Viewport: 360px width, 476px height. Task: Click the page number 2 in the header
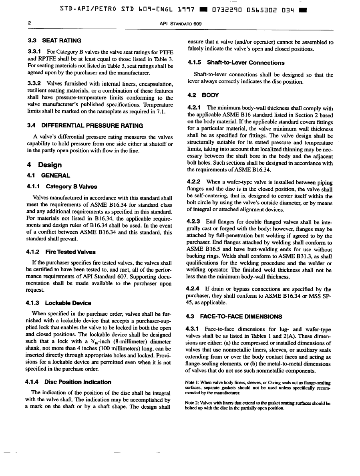pyautogui.click(x=30, y=23)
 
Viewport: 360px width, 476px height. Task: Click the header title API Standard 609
pyautogui.click(x=180, y=24)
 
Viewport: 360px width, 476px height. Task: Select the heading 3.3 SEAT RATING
pyautogui.click(x=54, y=40)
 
